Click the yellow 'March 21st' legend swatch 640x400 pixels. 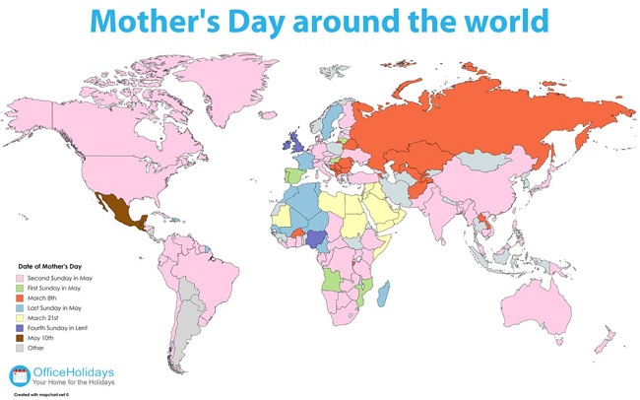(x=18, y=319)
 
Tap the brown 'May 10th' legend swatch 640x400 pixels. (x=18, y=338)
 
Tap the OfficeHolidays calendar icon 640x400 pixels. (x=21, y=375)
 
